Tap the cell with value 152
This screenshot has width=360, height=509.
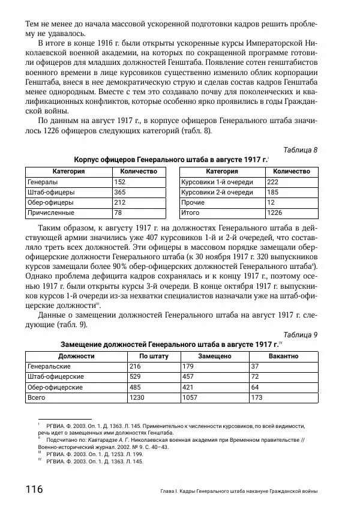(120, 182)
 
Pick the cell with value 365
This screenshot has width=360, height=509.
(120, 192)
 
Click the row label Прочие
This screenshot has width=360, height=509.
(193, 202)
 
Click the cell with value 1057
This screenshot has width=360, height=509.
(190, 397)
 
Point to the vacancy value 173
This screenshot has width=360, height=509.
(257, 397)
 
